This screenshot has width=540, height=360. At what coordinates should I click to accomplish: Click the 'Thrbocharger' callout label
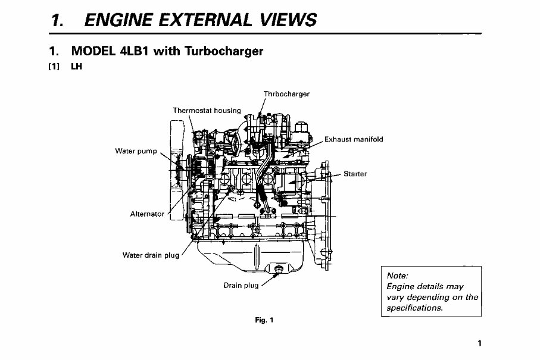click(286, 94)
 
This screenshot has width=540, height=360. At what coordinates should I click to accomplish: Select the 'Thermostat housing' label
click(207, 110)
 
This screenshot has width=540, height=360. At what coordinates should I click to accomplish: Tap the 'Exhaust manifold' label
click(354, 140)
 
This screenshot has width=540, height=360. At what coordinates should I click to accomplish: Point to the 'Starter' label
click(355, 174)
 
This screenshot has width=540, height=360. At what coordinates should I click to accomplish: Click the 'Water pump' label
click(136, 151)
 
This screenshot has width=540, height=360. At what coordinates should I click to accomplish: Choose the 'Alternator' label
click(147, 214)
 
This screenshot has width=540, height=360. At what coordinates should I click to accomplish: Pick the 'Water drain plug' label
click(151, 255)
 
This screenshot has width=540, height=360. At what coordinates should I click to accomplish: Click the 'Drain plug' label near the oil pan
click(241, 286)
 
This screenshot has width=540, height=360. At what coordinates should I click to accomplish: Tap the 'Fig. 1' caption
click(263, 320)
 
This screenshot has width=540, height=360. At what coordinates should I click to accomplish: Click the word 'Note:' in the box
click(397, 276)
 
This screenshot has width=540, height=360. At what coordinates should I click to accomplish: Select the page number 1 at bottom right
click(479, 343)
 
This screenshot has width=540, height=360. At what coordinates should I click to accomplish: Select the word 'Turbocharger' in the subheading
click(225, 51)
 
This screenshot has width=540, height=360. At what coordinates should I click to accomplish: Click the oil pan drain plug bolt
click(277, 271)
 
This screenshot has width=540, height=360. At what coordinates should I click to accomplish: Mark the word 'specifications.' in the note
click(414, 308)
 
